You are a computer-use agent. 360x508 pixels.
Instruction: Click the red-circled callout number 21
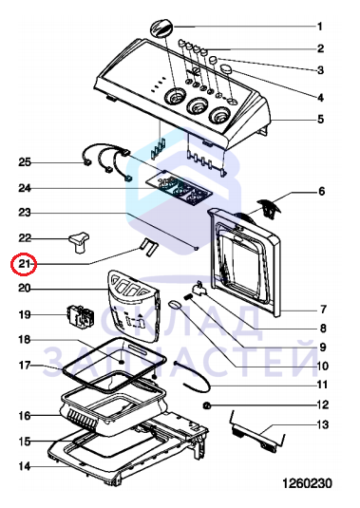[x=25, y=264]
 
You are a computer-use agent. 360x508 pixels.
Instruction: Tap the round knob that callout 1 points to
[x=161, y=28]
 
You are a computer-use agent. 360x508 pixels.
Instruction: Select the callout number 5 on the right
[x=320, y=120]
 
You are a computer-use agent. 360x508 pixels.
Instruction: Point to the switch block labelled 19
[x=81, y=315]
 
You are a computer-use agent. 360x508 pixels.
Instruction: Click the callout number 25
[x=25, y=162]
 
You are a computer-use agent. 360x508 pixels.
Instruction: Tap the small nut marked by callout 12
[x=206, y=405]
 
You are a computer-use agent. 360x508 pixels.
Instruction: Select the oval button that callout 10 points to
[x=175, y=304]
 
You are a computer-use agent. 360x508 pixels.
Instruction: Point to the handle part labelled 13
[x=256, y=432]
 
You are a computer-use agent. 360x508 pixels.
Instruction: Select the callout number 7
[x=323, y=310]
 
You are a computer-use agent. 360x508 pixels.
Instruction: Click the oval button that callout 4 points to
[x=226, y=68]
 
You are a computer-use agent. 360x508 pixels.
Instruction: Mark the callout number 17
[x=25, y=366]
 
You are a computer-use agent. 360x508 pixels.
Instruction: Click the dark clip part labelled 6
[x=268, y=209]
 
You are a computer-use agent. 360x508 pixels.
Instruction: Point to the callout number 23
[x=25, y=213]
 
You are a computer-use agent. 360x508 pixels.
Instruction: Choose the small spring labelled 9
[x=189, y=296]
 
